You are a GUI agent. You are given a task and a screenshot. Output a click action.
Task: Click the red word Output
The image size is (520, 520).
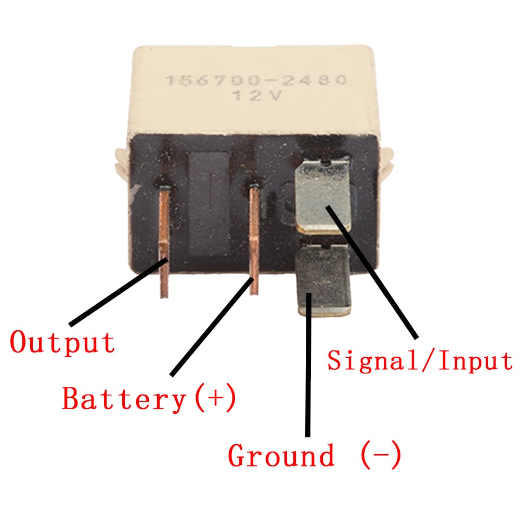click(x=62, y=342)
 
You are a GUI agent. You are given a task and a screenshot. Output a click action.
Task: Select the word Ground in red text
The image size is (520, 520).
click(x=281, y=456)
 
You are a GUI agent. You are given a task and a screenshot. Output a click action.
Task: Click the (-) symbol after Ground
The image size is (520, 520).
click(x=381, y=456)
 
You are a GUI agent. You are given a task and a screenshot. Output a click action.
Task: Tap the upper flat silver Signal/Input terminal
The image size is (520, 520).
click(x=322, y=195)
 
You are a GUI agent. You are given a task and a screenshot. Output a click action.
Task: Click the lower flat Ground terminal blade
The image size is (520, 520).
click(x=323, y=281)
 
